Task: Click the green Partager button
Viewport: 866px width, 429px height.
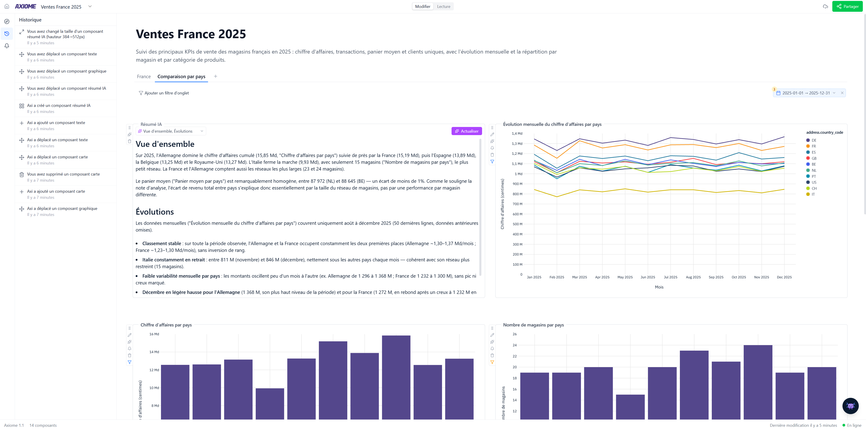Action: click(x=847, y=6)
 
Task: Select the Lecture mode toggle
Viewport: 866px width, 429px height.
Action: click(x=443, y=6)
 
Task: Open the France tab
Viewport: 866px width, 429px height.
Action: click(x=144, y=77)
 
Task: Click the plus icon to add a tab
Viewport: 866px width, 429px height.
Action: click(x=215, y=76)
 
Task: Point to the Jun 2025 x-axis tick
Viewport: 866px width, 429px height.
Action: click(x=648, y=277)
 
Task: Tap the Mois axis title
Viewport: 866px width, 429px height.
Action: click(x=659, y=287)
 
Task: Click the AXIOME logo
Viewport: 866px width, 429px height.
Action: click(x=26, y=6)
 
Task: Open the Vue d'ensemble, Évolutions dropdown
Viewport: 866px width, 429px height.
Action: click(x=171, y=131)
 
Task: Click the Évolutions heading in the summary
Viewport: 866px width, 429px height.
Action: click(x=155, y=212)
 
